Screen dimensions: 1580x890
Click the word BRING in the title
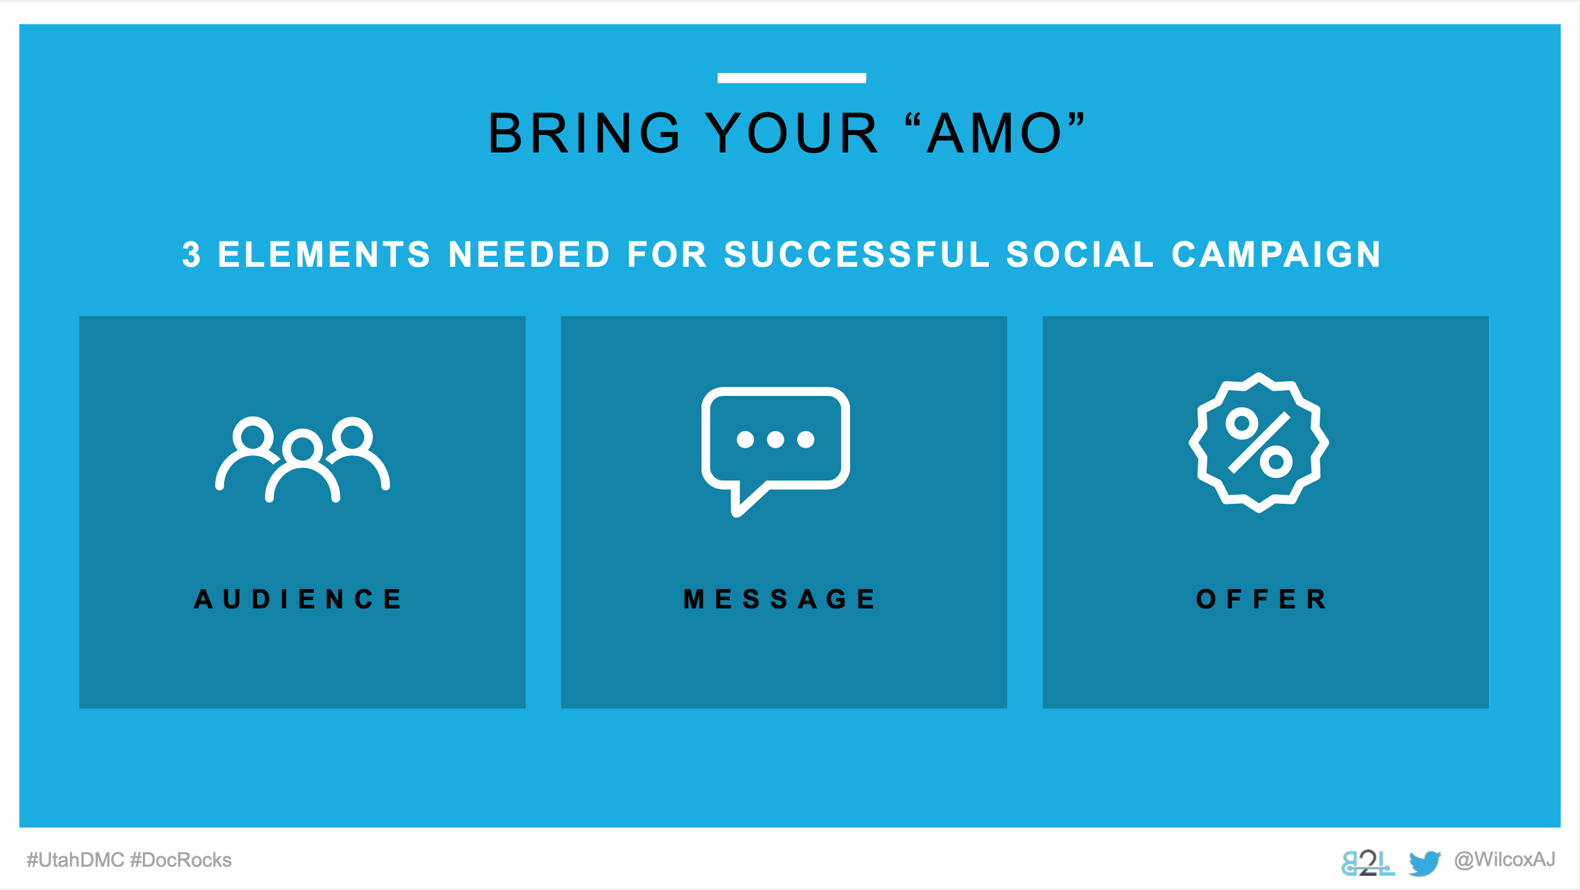584,133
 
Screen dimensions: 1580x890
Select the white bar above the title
791,78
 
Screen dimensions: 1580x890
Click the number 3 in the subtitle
191,254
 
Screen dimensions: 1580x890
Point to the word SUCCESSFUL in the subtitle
857,254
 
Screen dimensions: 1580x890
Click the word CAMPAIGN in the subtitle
1276,254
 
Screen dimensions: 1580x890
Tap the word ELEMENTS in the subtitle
324,254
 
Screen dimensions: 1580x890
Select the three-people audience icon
302,459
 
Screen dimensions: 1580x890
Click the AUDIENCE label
298,599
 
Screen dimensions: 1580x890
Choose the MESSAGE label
779,599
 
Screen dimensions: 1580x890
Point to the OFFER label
1261,599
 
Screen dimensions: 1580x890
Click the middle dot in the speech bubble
775,440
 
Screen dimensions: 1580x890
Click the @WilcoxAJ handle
1504,860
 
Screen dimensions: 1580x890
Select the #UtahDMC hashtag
75,860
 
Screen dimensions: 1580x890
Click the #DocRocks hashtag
181,860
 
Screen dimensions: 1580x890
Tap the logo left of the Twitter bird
1367,863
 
